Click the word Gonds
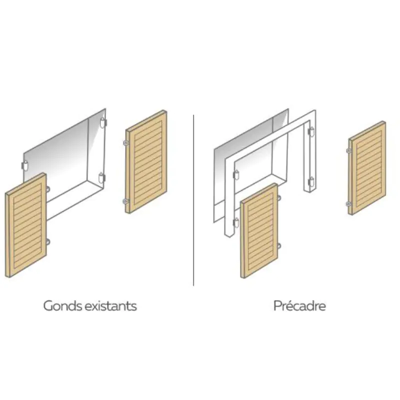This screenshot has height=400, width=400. click(63, 305)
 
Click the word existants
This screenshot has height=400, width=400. click(110, 305)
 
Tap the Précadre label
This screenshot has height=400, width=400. click(299, 305)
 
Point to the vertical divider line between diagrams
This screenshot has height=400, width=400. click(193, 200)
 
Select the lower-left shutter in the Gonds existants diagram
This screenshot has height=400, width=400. click(26, 225)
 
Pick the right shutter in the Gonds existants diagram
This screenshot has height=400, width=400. click(146, 161)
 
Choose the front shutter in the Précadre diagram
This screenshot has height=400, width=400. click(259, 230)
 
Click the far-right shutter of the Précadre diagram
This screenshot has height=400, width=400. click(367, 168)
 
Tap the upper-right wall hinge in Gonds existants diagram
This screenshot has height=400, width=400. click(102, 122)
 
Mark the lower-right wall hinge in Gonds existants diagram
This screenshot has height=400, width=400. click(101, 178)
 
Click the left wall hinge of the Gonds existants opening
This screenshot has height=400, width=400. click(24, 165)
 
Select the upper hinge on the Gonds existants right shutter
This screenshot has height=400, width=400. click(125, 143)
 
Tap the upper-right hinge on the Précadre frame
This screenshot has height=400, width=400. click(311, 131)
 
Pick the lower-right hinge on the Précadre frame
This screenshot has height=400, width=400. click(311, 182)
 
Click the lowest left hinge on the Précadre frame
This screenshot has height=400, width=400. click(236, 222)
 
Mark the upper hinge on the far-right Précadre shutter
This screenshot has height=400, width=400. click(348, 151)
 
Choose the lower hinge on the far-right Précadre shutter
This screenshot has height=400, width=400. click(348, 203)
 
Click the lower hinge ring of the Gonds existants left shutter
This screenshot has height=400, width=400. click(48, 242)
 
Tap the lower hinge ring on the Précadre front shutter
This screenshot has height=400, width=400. click(279, 246)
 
